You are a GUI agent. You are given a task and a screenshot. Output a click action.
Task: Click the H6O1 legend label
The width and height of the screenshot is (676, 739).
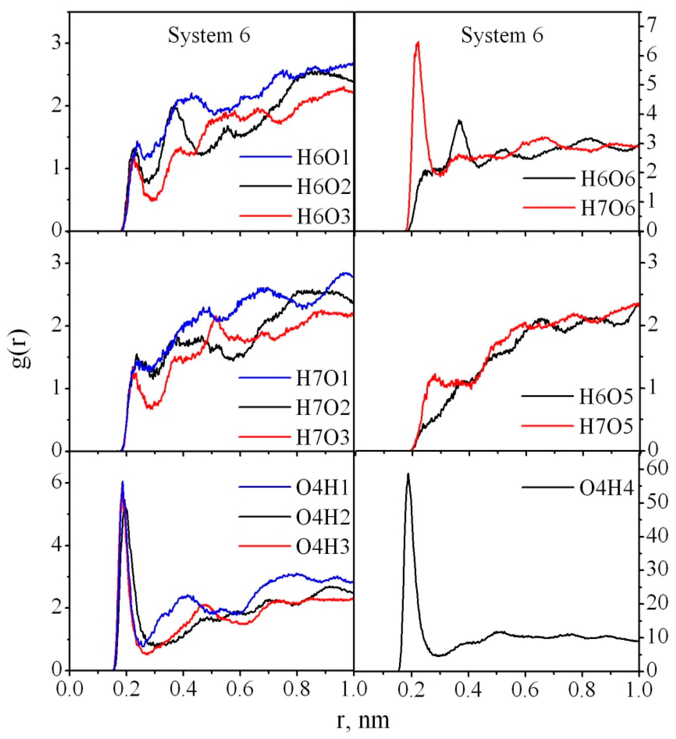point(323,157)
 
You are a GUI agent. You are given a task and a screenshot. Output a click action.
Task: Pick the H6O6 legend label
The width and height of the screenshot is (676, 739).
point(607,179)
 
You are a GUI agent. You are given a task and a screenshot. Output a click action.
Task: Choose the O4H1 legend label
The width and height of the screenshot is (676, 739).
point(322,488)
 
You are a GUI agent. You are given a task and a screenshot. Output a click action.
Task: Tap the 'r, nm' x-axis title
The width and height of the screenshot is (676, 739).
point(362,720)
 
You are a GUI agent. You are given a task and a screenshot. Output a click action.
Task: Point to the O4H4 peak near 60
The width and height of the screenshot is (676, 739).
point(408,474)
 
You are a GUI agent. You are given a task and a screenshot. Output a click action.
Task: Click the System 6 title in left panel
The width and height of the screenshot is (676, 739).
point(209,36)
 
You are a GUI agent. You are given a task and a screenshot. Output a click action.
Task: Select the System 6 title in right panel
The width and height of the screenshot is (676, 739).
point(502,36)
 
